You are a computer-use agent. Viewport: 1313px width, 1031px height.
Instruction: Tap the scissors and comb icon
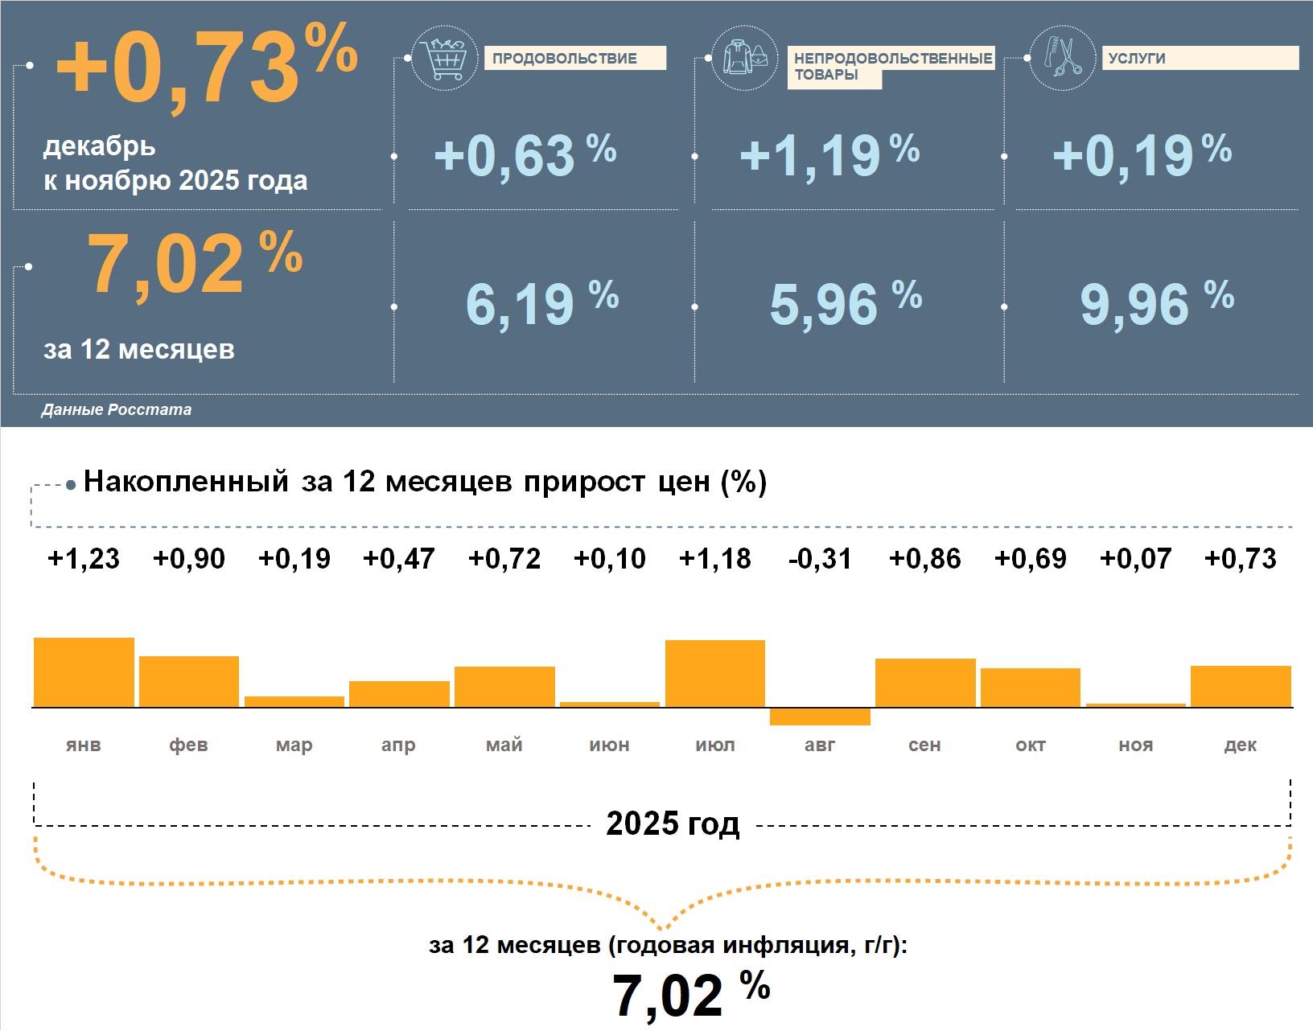point(1061,58)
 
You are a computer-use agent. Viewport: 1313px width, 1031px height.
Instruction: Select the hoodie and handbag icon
point(743,58)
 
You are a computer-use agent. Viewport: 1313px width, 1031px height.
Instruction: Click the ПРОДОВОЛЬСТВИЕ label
point(564,59)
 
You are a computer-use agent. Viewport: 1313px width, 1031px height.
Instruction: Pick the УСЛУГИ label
point(1137,58)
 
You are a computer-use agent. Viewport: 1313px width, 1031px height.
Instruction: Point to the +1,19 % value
point(829,154)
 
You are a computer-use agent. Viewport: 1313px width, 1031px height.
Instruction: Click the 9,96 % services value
point(1155,303)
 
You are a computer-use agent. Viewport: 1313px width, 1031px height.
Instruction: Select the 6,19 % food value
point(541,303)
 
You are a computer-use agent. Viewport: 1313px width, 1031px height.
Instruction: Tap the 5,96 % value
point(845,303)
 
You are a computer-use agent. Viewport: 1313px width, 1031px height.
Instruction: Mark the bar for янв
point(84,672)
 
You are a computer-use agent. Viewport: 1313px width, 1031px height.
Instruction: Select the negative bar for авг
point(820,717)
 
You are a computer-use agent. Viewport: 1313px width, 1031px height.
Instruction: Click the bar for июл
point(715,674)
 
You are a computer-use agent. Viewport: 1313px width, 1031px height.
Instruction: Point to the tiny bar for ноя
point(1135,705)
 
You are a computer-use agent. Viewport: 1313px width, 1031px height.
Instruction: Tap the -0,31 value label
point(820,559)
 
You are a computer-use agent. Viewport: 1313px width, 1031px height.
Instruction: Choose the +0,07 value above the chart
point(1135,559)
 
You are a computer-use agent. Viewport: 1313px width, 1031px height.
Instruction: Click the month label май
point(504,746)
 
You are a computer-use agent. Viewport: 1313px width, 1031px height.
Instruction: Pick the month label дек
point(1240,746)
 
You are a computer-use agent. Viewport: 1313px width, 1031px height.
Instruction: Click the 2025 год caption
point(673,824)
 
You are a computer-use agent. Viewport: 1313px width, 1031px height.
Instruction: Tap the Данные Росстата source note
point(117,410)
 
